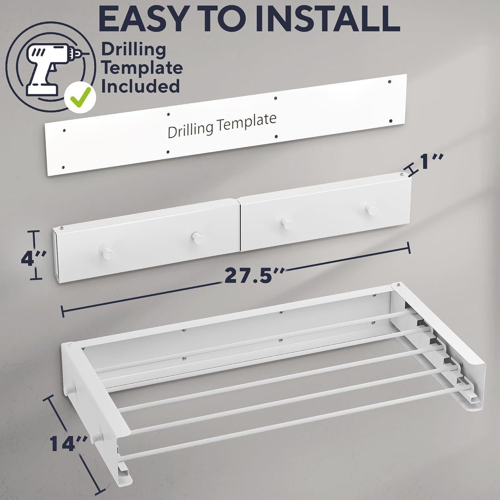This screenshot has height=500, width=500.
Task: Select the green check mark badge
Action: (80, 100)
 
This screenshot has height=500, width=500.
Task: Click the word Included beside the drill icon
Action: (140, 86)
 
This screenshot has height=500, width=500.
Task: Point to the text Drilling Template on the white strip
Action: (222, 125)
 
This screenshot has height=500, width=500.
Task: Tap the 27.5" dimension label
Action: (253, 275)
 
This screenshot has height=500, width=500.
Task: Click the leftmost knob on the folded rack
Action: (107, 253)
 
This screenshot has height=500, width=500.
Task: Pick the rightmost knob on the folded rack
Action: (371, 209)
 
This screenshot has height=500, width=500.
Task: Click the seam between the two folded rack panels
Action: (239, 225)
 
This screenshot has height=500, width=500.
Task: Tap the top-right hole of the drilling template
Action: (390, 82)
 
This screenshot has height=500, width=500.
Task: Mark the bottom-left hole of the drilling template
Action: (63, 167)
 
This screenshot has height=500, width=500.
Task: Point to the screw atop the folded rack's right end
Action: (401, 174)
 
